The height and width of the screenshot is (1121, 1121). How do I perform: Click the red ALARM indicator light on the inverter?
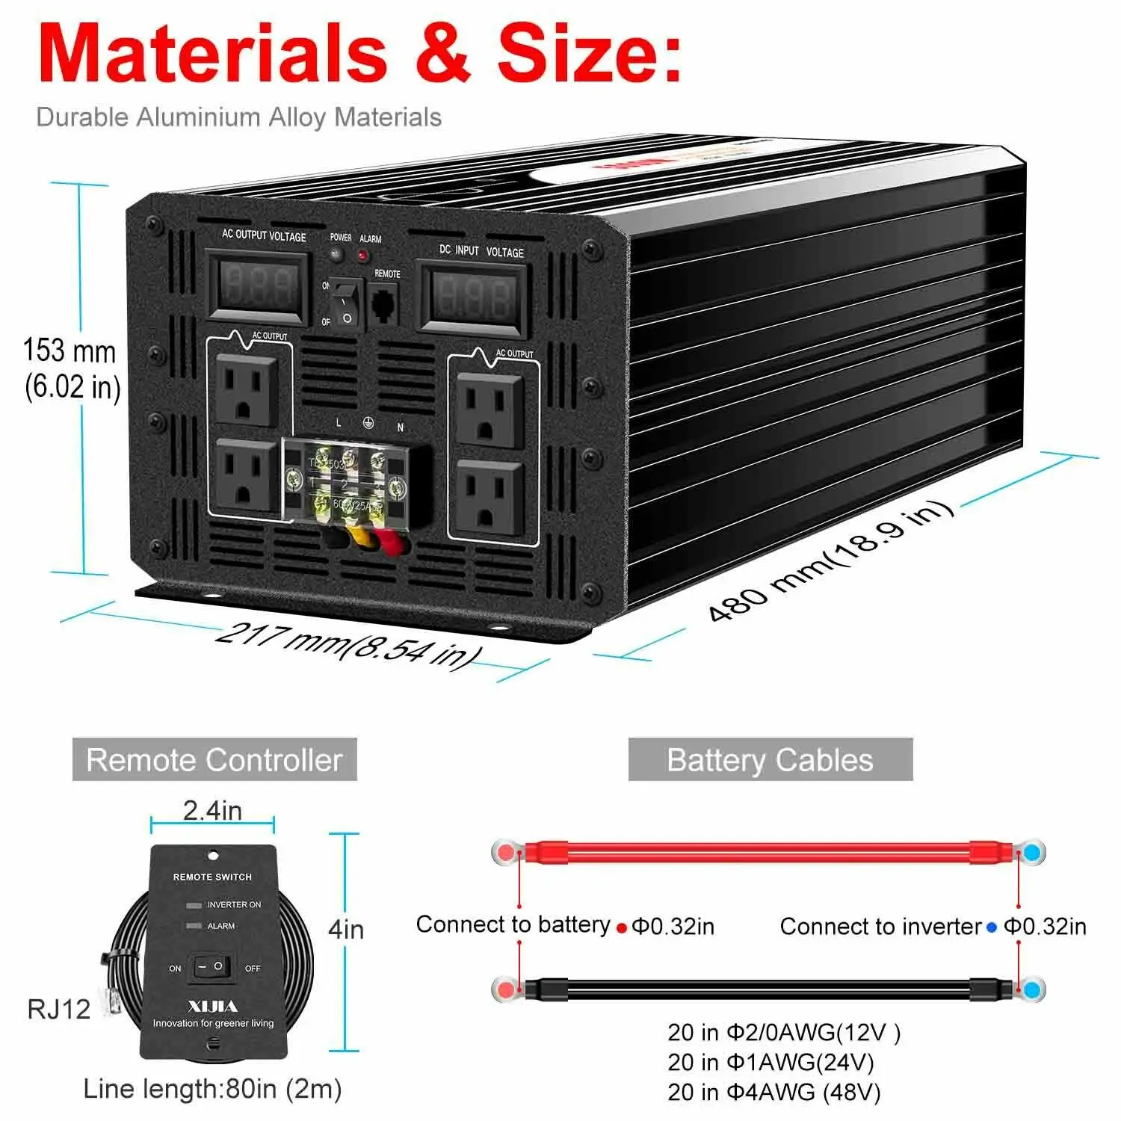coord(363,256)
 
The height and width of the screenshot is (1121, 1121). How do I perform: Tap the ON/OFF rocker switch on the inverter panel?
coord(346,303)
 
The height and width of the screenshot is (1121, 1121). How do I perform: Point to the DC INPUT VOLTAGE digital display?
coord(472,297)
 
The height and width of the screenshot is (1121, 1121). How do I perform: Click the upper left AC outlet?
coord(246,390)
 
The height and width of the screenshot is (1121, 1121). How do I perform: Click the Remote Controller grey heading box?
coord(214,759)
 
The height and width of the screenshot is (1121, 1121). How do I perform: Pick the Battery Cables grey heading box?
coord(770,759)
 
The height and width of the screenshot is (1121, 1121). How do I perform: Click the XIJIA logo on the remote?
coord(213,1006)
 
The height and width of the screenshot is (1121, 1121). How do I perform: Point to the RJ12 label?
coord(58,1009)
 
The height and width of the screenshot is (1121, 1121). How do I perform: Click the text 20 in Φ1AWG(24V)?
coord(771,1062)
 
